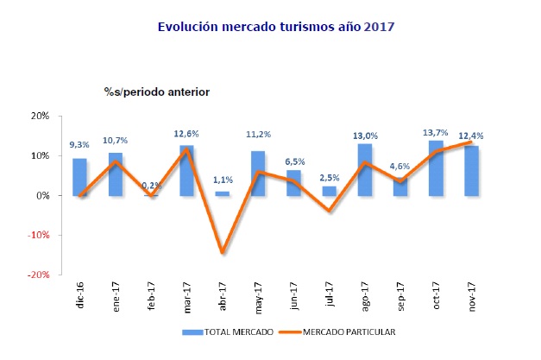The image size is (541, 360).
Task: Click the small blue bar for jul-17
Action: [329, 191]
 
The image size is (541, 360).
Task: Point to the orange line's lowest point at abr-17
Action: [222, 252]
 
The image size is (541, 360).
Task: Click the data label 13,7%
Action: [436, 131]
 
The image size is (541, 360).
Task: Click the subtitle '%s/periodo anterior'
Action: [156, 91]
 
